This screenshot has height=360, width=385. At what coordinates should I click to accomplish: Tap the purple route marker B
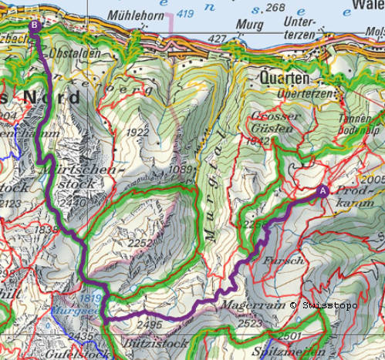(x=35, y=25)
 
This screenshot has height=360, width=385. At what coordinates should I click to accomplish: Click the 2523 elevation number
(x=252, y=325)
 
